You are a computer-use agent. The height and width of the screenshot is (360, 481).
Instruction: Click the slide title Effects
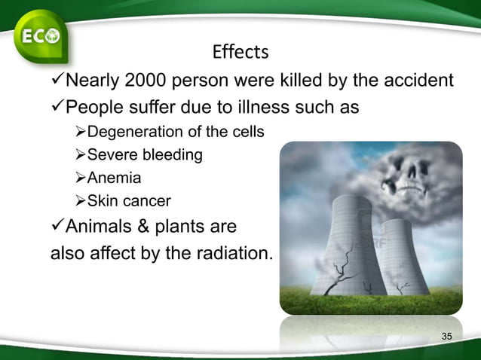(240, 52)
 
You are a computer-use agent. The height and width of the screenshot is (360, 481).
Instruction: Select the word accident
(420, 81)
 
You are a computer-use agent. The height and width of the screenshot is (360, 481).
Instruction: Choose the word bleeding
(174, 155)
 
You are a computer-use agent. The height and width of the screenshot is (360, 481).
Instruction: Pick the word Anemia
(115, 178)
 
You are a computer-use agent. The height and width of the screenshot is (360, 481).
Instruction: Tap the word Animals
(99, 226)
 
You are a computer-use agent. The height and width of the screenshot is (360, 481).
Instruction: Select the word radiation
(231, 252)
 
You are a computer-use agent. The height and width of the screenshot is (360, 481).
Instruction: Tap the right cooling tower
(403, 256)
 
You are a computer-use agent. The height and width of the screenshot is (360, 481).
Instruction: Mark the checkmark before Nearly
(57, 81)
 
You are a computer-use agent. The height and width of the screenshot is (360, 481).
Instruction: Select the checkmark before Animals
(57, 226)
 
